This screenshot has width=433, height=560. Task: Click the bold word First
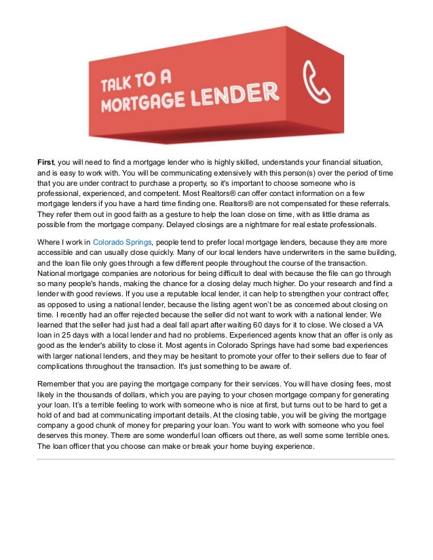(x=45, y=162)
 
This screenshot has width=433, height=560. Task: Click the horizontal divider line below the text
(x=216, y=459)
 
